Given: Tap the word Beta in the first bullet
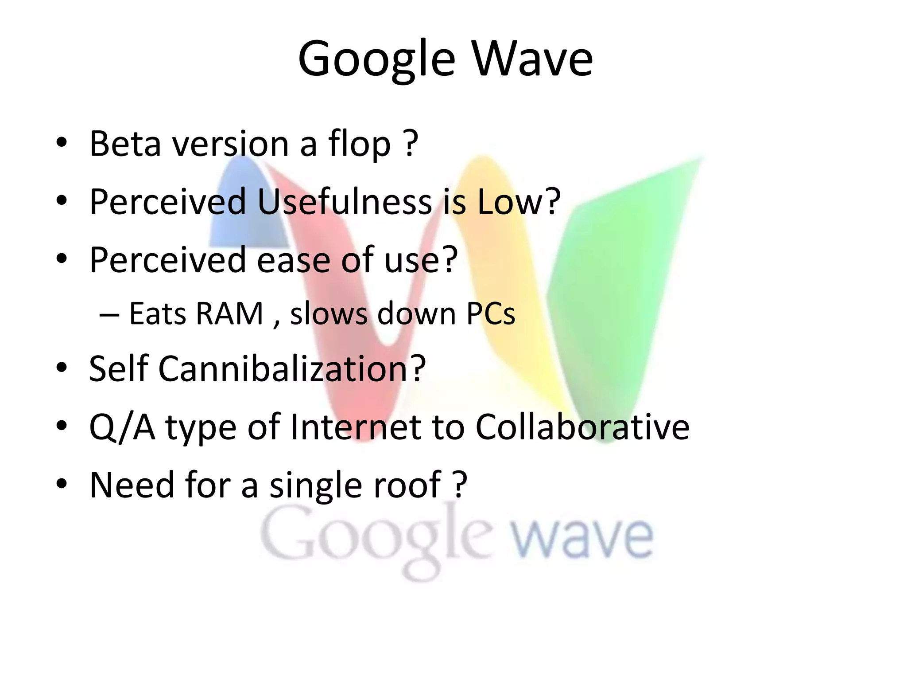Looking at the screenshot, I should click(x=125, y=144).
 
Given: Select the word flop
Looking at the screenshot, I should click(x=359, y=144).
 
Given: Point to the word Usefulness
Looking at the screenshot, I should click(x=344, y=202).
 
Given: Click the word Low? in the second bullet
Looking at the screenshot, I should click(x=519, y=202).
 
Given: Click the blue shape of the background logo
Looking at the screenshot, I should click(x=248, y=208).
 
